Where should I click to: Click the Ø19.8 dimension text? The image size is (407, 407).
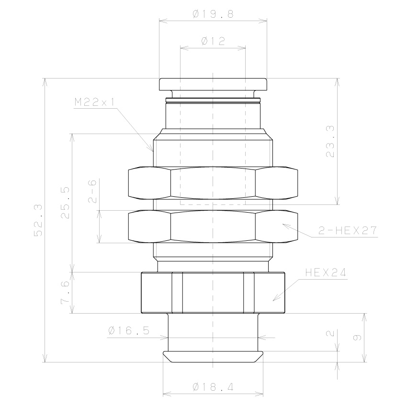pos(213,15)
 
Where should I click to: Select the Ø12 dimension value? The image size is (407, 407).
pos(213,42)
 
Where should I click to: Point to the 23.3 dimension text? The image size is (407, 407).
pos(330,141)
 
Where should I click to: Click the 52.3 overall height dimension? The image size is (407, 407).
pos(38,220)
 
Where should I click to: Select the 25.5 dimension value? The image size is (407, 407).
pos(66,203)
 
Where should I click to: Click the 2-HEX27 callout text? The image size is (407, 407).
pos(348,231)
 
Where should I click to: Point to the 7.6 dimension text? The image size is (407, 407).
pos(66,293)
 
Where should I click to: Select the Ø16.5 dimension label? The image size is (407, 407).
pos(129,330)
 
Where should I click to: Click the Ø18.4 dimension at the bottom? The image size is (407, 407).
pos(213,387)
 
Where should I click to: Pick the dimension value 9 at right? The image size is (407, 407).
pos(357,338)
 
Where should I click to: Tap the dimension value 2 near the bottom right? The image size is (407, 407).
pos(330,334)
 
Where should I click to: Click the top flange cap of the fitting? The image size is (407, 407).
pos(213,84)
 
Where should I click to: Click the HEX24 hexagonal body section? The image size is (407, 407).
pos(213,293)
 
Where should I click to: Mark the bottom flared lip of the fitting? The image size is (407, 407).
pos(213,356)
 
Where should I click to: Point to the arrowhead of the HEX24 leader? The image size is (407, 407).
pos(274,300)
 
